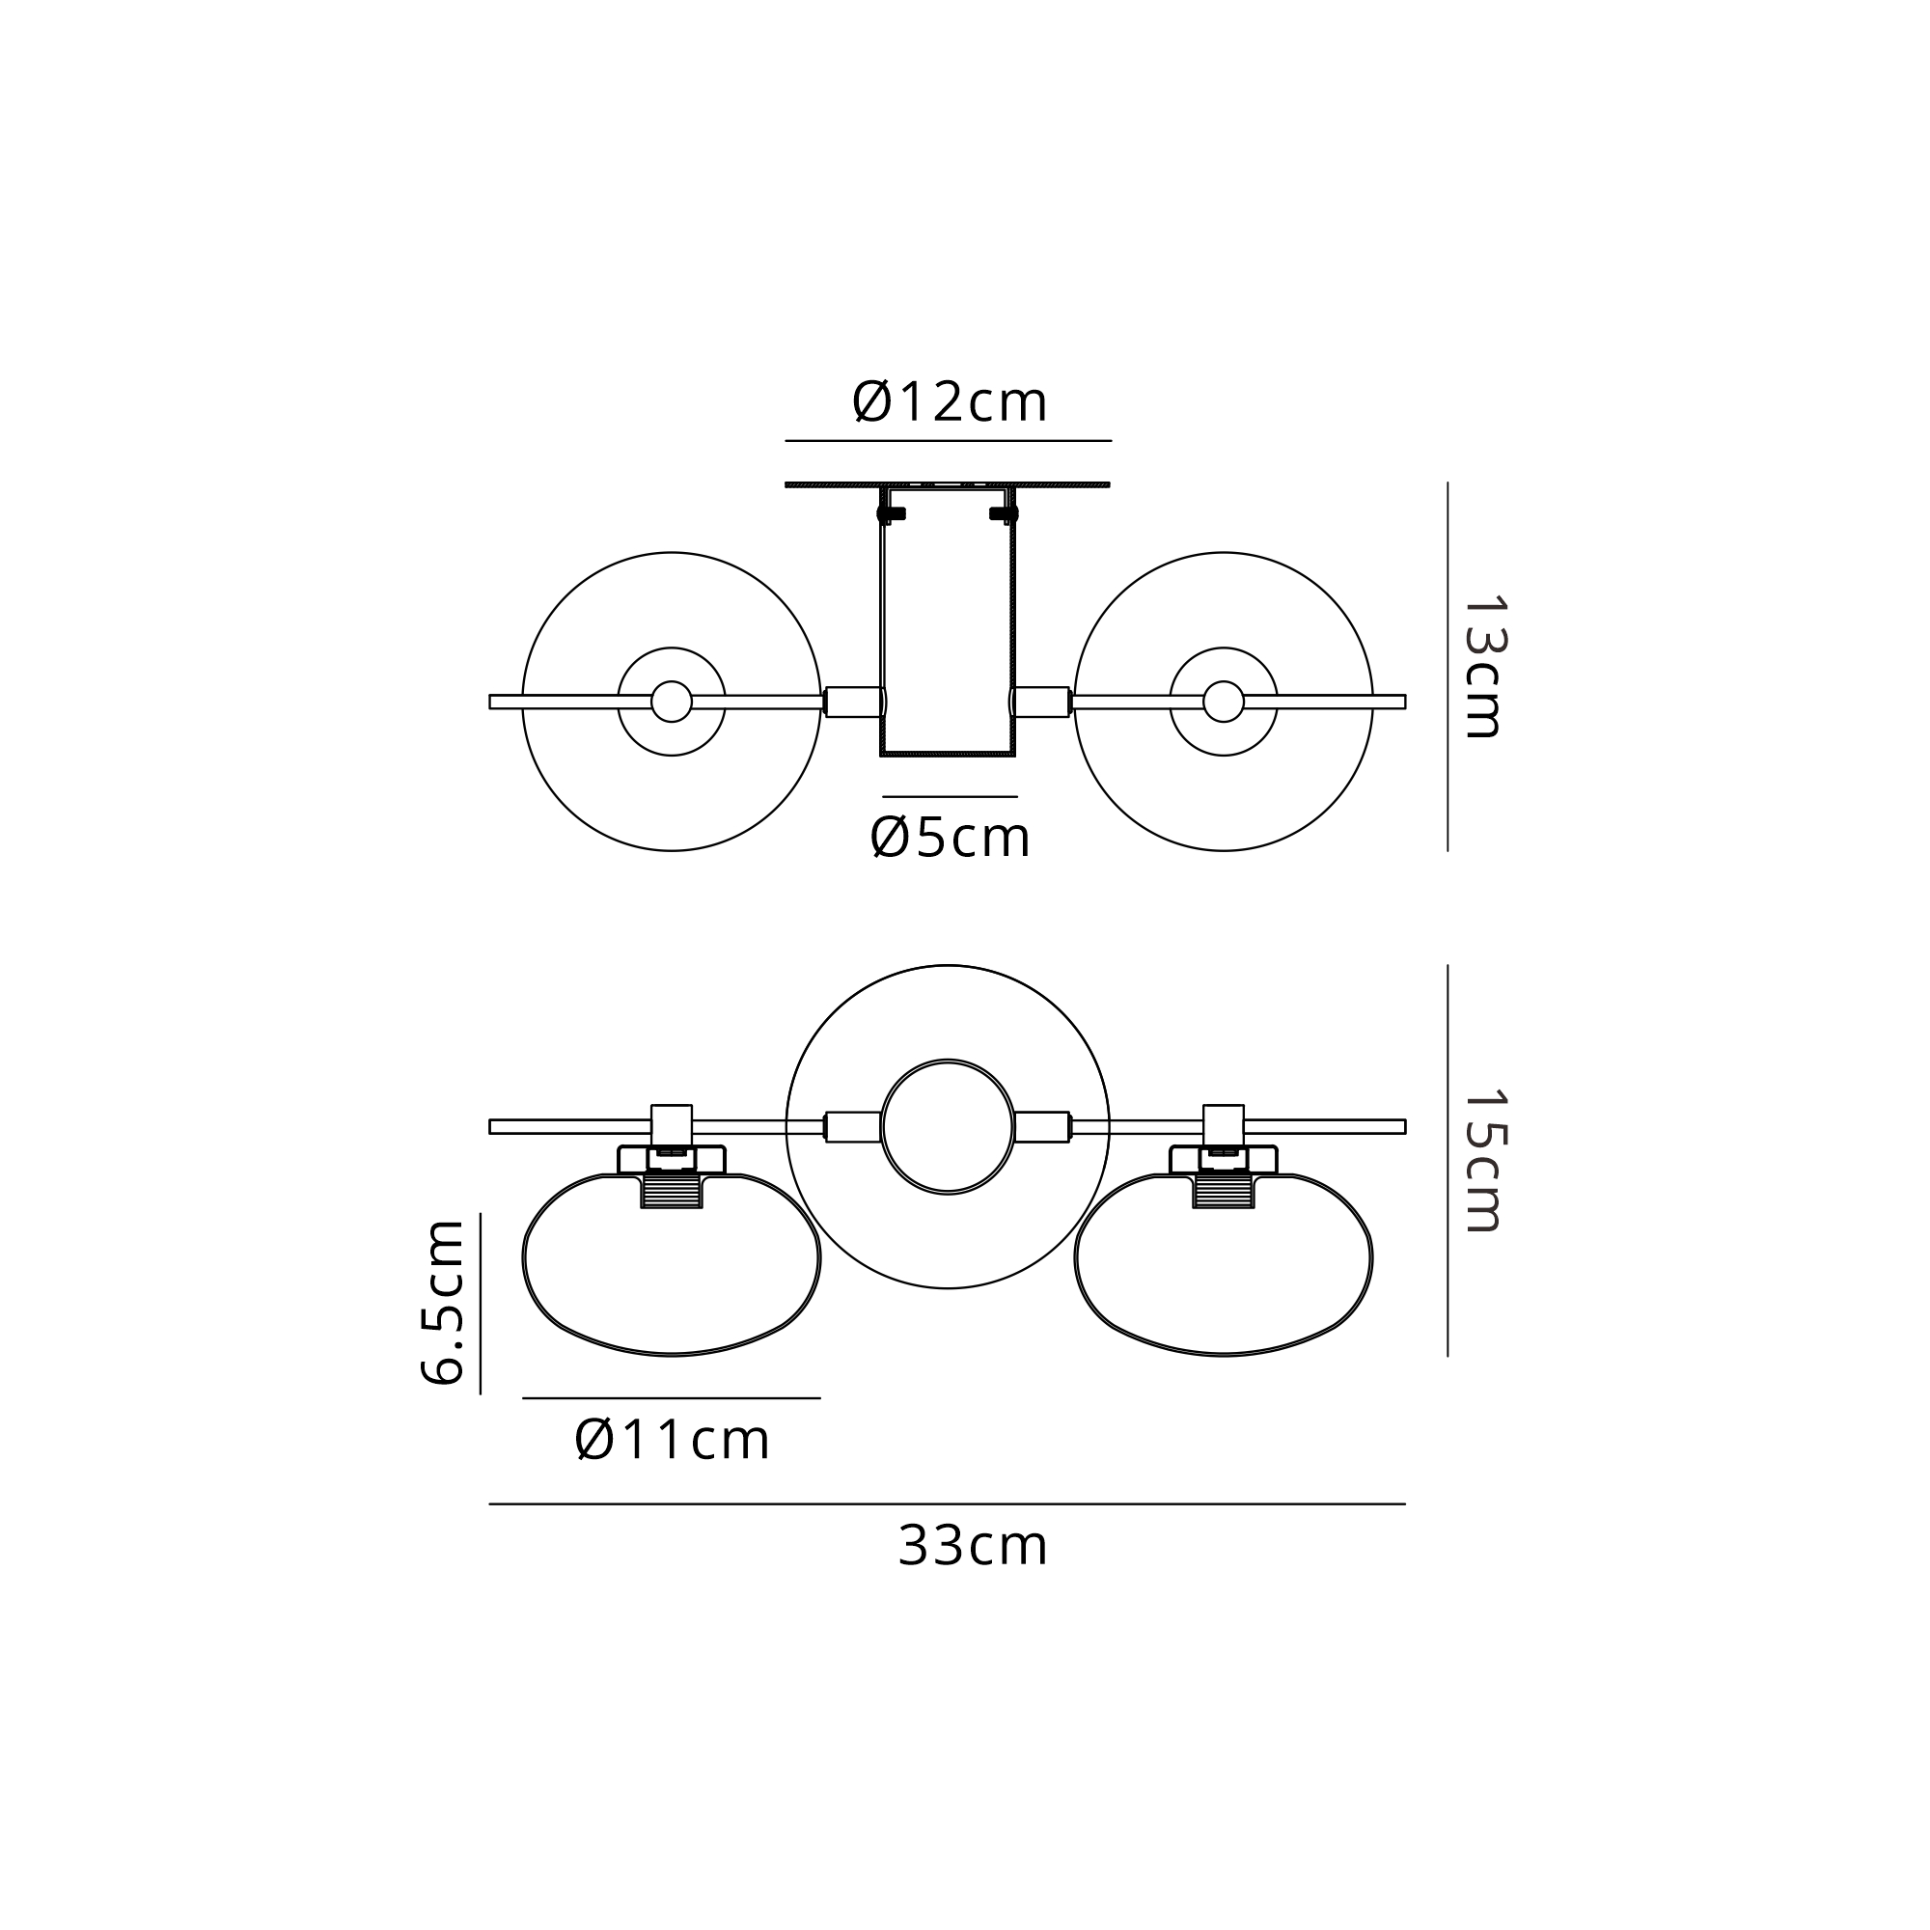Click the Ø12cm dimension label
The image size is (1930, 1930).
(x=949, y=402)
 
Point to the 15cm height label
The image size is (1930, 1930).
(x=1482, y=1160)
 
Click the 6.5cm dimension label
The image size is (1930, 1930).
(x=443, y=1302)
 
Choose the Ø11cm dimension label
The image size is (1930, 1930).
(x=672, y=1440)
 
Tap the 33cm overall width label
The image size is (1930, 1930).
(x=972, y=1545)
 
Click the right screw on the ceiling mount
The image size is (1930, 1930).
(x=1004, y=513)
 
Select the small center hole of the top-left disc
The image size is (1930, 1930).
(x=672, y=702)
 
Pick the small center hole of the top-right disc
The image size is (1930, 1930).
(x=1224, y=702)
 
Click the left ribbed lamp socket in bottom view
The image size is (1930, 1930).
(x=672, y=1191)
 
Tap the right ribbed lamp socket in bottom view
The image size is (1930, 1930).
(x=1224, y=1191)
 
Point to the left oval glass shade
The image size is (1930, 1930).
(x=672, y=1274)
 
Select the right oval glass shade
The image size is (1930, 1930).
(x=1224, y=1274)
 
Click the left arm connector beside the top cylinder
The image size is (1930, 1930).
(x=854, y=702)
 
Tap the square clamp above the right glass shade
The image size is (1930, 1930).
(x=1224, y=1124)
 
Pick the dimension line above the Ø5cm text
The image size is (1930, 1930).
(x=949, y=796)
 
